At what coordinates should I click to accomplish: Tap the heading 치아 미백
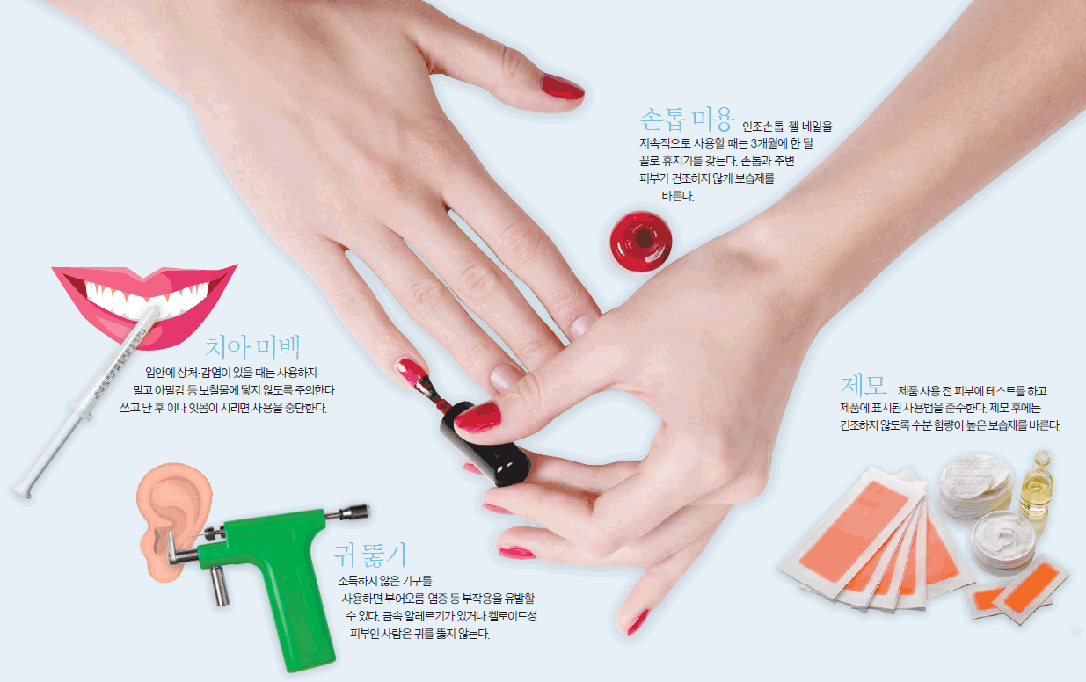click(252, 346)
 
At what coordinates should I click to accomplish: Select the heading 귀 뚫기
click(370, 555)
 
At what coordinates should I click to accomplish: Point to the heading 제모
click(864, 386)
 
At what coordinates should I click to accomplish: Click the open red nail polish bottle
click(641, 241)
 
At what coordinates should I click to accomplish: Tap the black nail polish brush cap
click(485, 445)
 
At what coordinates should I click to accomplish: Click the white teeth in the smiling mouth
click(145, 298)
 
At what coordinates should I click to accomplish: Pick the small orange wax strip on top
click(1031, 589)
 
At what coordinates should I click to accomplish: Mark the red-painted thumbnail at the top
click(563, 87)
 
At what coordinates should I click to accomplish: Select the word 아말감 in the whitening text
click(169, 390)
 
